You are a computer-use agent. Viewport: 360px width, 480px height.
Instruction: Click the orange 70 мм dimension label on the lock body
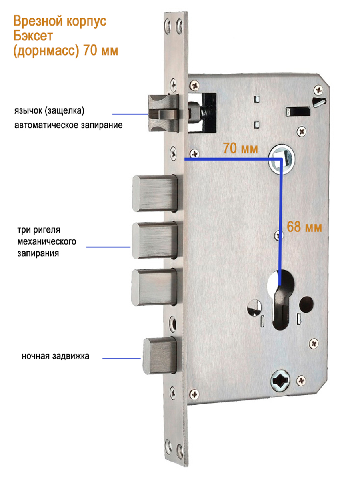[x=240, y=148]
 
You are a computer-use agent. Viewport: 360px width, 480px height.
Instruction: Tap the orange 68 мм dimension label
[x=304, y=227]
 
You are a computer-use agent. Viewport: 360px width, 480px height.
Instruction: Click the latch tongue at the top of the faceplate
[x=163, y=113]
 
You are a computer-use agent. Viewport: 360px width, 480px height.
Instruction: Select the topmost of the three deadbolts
[x=154, y=193]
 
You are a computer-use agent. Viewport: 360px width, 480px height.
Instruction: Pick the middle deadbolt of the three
[x=154, y=240]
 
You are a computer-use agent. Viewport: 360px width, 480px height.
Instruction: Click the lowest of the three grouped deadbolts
[x=154, y=287]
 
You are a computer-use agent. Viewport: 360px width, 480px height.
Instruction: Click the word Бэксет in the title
[x=33, y=36]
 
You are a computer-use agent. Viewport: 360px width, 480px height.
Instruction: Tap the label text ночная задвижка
[x=55, y=356]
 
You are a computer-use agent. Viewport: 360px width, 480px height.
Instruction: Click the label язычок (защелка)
[x=49, y=110]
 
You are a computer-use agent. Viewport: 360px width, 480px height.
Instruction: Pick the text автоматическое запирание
[x=68, y=125]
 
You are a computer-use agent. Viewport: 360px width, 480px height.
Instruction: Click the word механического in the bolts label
[x=47, y=242]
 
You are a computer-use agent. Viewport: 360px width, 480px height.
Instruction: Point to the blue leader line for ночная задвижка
[x=122, y=359]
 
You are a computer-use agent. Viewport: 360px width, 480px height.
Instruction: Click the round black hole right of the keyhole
[x=306, y=304]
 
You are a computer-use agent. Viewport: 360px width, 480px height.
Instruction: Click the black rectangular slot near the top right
[x=298, y=112]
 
